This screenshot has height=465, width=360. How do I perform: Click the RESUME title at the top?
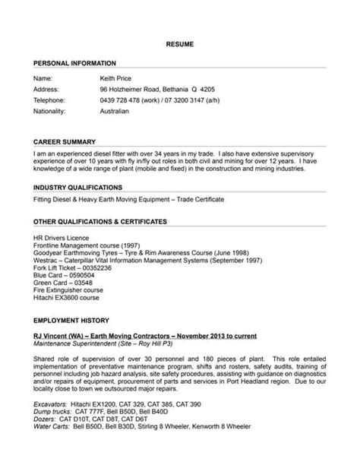click(180, 46)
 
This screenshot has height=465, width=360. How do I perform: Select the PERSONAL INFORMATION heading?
click(74, 62)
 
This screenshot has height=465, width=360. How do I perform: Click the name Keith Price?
click(118, 78)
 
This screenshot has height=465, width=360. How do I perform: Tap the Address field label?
click(46, 89)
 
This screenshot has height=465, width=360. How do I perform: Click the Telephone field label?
click(50, 100)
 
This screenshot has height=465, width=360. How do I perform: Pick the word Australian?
click(115, 110)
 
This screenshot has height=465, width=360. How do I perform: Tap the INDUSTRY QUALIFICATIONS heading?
click(82, 186)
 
